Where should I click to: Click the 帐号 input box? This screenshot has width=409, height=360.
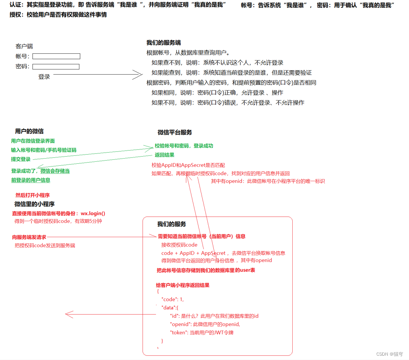[x=56, y=56]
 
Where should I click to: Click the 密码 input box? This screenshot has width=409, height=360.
[x=56, y=67]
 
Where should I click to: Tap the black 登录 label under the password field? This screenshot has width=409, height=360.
[x=44, y=77]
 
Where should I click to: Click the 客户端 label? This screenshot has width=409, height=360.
[x=24, y=46]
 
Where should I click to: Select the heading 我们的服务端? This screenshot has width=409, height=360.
[x=163, y=43]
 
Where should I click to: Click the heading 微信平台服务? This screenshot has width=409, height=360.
[x=175, y=133]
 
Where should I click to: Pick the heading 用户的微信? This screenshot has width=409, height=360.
[x=29, y=132]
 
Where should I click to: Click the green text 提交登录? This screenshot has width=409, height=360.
[x=21, y=159]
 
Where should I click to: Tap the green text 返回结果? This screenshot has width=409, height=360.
[x=164, y=155]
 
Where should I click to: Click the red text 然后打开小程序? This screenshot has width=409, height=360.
[x=33, y=195]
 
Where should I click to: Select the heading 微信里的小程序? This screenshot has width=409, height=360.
[x=35, y=204]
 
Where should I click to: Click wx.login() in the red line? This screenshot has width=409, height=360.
[x=93, y=214]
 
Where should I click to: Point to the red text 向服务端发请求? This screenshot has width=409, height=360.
[x=29, y=237]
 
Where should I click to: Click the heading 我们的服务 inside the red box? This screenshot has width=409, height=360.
[x=172, y=224]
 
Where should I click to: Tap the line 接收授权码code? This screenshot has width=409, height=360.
[x=179, y=245]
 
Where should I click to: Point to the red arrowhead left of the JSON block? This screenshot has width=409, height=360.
[x=69, y=314]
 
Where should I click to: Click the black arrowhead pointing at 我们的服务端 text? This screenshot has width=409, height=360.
[x=138, y=75]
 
